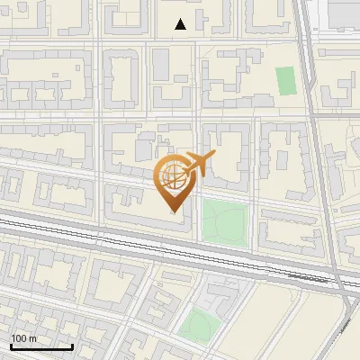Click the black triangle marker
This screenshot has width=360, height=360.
[x=181, y=24]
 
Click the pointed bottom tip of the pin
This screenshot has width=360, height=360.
[x=174, y=212]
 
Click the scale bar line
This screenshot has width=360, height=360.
[x=41, y=346]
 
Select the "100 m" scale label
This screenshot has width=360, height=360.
[x=24, y=338]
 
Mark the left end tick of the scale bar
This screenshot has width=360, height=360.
[x=11, y=345]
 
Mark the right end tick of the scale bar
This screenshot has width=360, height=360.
[x=72, y=345]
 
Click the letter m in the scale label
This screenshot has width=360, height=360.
[x=33, y=338]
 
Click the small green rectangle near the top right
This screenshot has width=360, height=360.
[x=286, y=81]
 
